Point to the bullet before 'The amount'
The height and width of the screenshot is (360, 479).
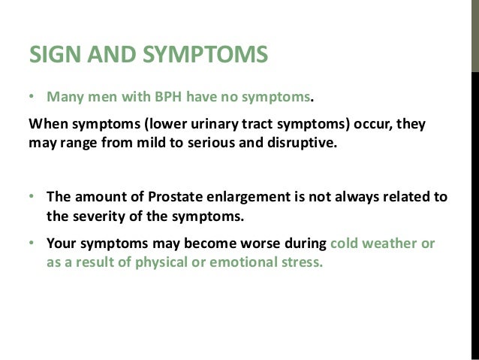point(32,197)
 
